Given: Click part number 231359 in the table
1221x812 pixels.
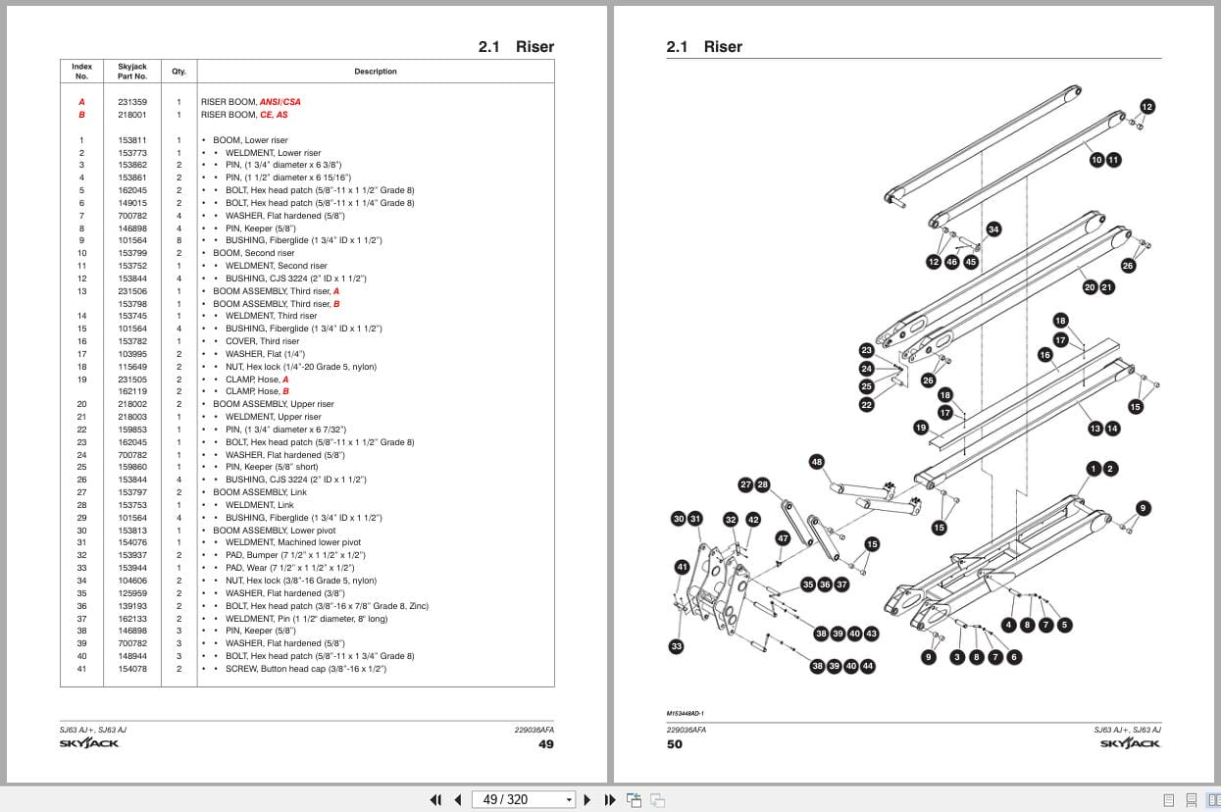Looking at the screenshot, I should pyautogui.click(x=132, y=102).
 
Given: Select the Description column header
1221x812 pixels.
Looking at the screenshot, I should pyautogui.click(x=376, y=72).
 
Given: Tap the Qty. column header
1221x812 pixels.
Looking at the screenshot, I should pyautogui.click(x=178, y=72).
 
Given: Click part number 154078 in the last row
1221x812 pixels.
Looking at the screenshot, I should pyautogui.click(x=132, y=669).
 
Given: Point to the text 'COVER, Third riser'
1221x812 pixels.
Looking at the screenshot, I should pyautogui.click(x=262, y=341).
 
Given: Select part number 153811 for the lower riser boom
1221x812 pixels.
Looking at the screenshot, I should pyautogui.click(x=132, y=140).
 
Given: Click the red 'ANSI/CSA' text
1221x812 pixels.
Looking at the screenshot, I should pyautogui.click(x=280, y=102).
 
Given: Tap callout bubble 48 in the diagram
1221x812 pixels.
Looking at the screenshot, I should pyautogui.click(x=817, y=462).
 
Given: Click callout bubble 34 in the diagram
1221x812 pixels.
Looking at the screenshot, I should pyautogui.click(x=993, y=229).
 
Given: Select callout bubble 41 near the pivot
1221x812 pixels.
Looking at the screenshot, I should pyautogui.click(x=682, y=567).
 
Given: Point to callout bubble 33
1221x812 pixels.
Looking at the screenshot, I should pyautogui.click(x=676, y=646).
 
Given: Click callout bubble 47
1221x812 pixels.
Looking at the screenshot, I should pyautogui.click(x=783, y=538).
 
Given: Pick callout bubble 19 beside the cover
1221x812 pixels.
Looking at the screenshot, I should pyautogui.click(x=920, y=428).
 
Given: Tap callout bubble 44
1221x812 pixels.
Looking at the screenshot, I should pyautogui.click(x=867, y=666).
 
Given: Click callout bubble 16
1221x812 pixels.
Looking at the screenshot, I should pyautogui.click(x=1044, y=355).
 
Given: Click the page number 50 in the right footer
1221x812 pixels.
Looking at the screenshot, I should pyautogui.click(x=675, y=744).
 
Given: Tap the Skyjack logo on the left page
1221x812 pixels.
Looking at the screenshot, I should pyautogui.click(x=89, y=743).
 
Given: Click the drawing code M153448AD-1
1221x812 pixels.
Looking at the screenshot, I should pyautogui.click(x=685, y=714).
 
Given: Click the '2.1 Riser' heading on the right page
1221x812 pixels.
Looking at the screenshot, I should pyautogui.click(x=704, y=47).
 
